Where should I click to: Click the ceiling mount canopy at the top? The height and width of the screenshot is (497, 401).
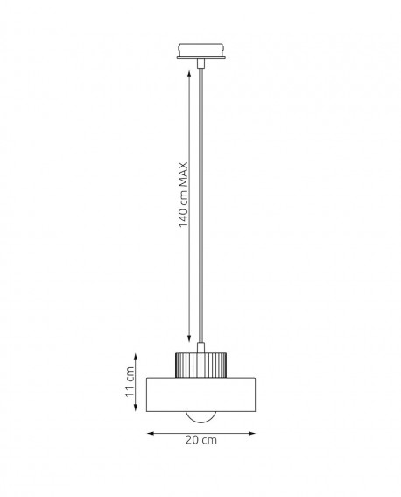point(201,51)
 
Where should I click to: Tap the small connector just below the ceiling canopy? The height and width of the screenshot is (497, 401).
point(200,64)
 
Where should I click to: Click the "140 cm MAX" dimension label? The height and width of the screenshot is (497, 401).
point(184,195)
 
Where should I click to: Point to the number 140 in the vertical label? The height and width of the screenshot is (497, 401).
point(184,219)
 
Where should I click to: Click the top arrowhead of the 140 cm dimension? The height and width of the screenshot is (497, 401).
point(189,75)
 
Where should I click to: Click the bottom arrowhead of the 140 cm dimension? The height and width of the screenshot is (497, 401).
point(189,338)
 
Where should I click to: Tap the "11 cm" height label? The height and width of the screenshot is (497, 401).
point(130,381)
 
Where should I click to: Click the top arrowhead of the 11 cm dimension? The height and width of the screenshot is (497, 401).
point(136,358)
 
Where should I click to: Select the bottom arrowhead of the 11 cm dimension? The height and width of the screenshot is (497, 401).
point(136,408)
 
